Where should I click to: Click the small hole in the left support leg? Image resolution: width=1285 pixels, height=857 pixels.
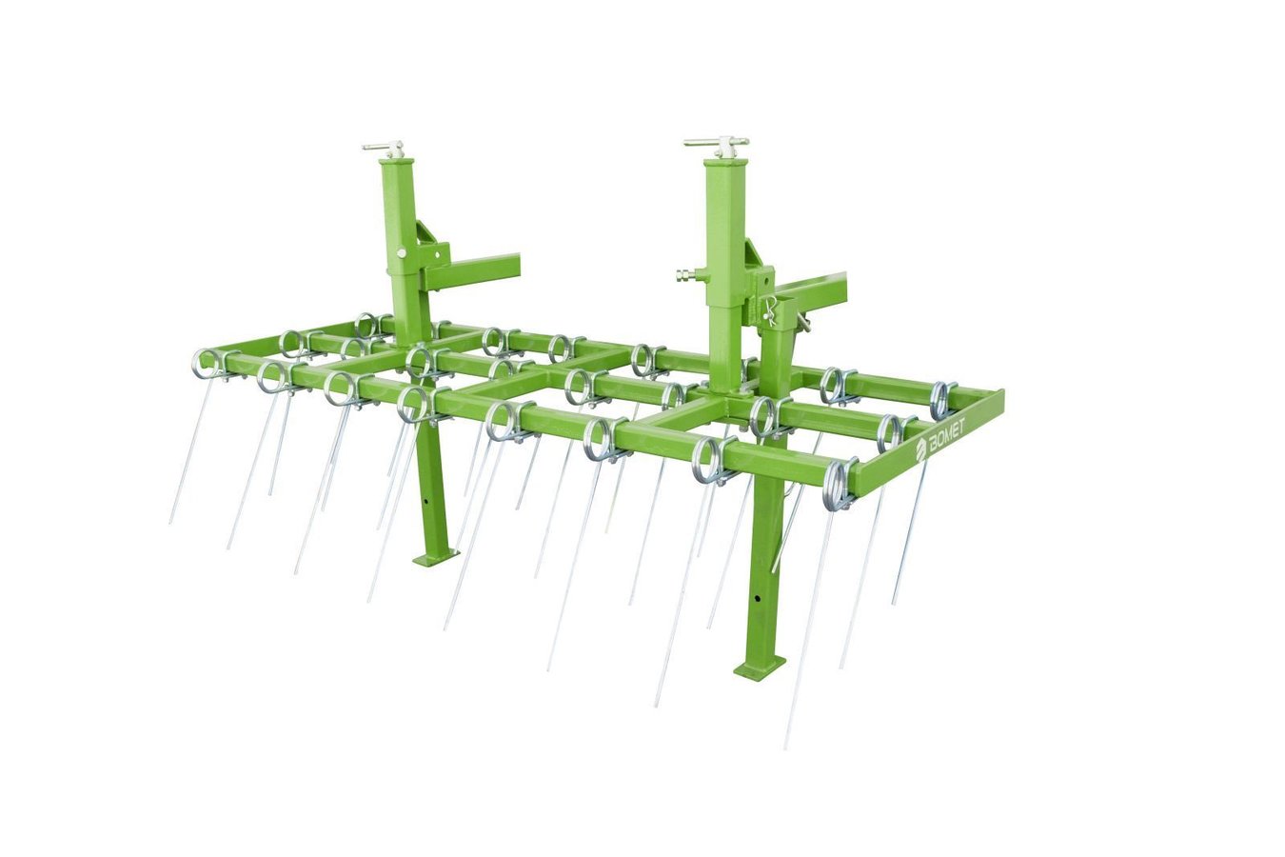[x=425, y=502]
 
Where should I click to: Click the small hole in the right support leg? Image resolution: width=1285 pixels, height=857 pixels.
[x=758, y=598]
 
